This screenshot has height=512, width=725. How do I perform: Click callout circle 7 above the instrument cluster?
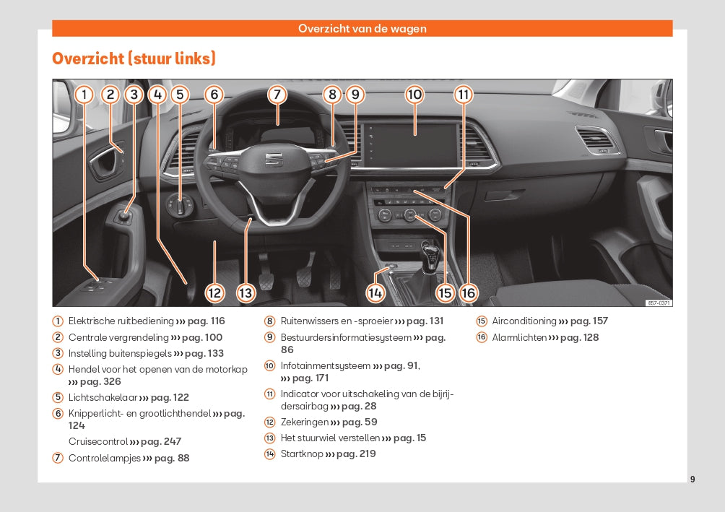point(277,94)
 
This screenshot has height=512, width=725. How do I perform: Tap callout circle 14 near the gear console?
point(375,292)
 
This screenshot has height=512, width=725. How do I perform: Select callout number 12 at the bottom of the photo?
point(214,292)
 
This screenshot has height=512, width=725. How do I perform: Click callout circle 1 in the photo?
point(84,94)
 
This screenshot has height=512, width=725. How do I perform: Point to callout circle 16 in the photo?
point(468,292)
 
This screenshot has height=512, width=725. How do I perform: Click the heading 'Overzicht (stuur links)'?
point(134,58)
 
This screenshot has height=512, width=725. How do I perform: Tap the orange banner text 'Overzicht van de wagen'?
point(362,29)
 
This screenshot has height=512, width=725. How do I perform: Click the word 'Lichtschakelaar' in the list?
point(102,397)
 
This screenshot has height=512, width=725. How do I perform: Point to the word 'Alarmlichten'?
point(519,337)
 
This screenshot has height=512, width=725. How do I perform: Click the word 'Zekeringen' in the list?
point(304,422)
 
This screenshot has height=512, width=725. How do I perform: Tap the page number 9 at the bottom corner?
point(693,479)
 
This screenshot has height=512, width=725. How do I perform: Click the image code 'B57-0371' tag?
point(659,303)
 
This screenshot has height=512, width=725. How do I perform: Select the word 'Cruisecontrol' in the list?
point(97,441)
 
